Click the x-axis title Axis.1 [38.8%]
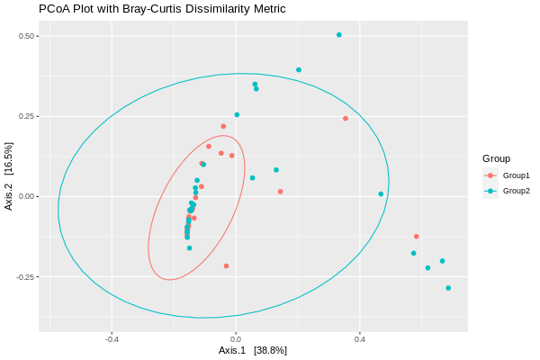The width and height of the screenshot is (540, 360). (x=253, y=350)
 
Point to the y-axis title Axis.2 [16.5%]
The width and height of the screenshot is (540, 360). (x=9, y=176)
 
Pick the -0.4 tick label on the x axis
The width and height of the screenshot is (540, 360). (x=112, y=339)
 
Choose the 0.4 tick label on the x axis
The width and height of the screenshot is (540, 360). (x=360, y=339)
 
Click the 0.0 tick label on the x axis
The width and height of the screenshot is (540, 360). (x=236, y=339)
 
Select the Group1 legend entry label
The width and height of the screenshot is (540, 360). (x=516, y=175)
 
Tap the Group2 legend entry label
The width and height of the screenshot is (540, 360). (x=516, y=191)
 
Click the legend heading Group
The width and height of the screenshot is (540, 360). (x=496, y=158)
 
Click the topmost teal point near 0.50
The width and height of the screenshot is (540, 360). (x=339, y=35)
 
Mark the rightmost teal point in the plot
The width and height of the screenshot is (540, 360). (x=448, y=288)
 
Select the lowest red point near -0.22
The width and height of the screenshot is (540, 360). (x=226, y=265)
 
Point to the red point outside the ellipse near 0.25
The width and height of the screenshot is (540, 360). (x=345, y=119)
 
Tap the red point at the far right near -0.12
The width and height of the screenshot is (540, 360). (x=416, y=237)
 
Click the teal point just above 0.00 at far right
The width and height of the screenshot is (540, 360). (x=381, y=193)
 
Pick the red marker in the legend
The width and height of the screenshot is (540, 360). (x=490, y=175)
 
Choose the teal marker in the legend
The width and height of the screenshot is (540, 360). (x=490, y=191)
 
